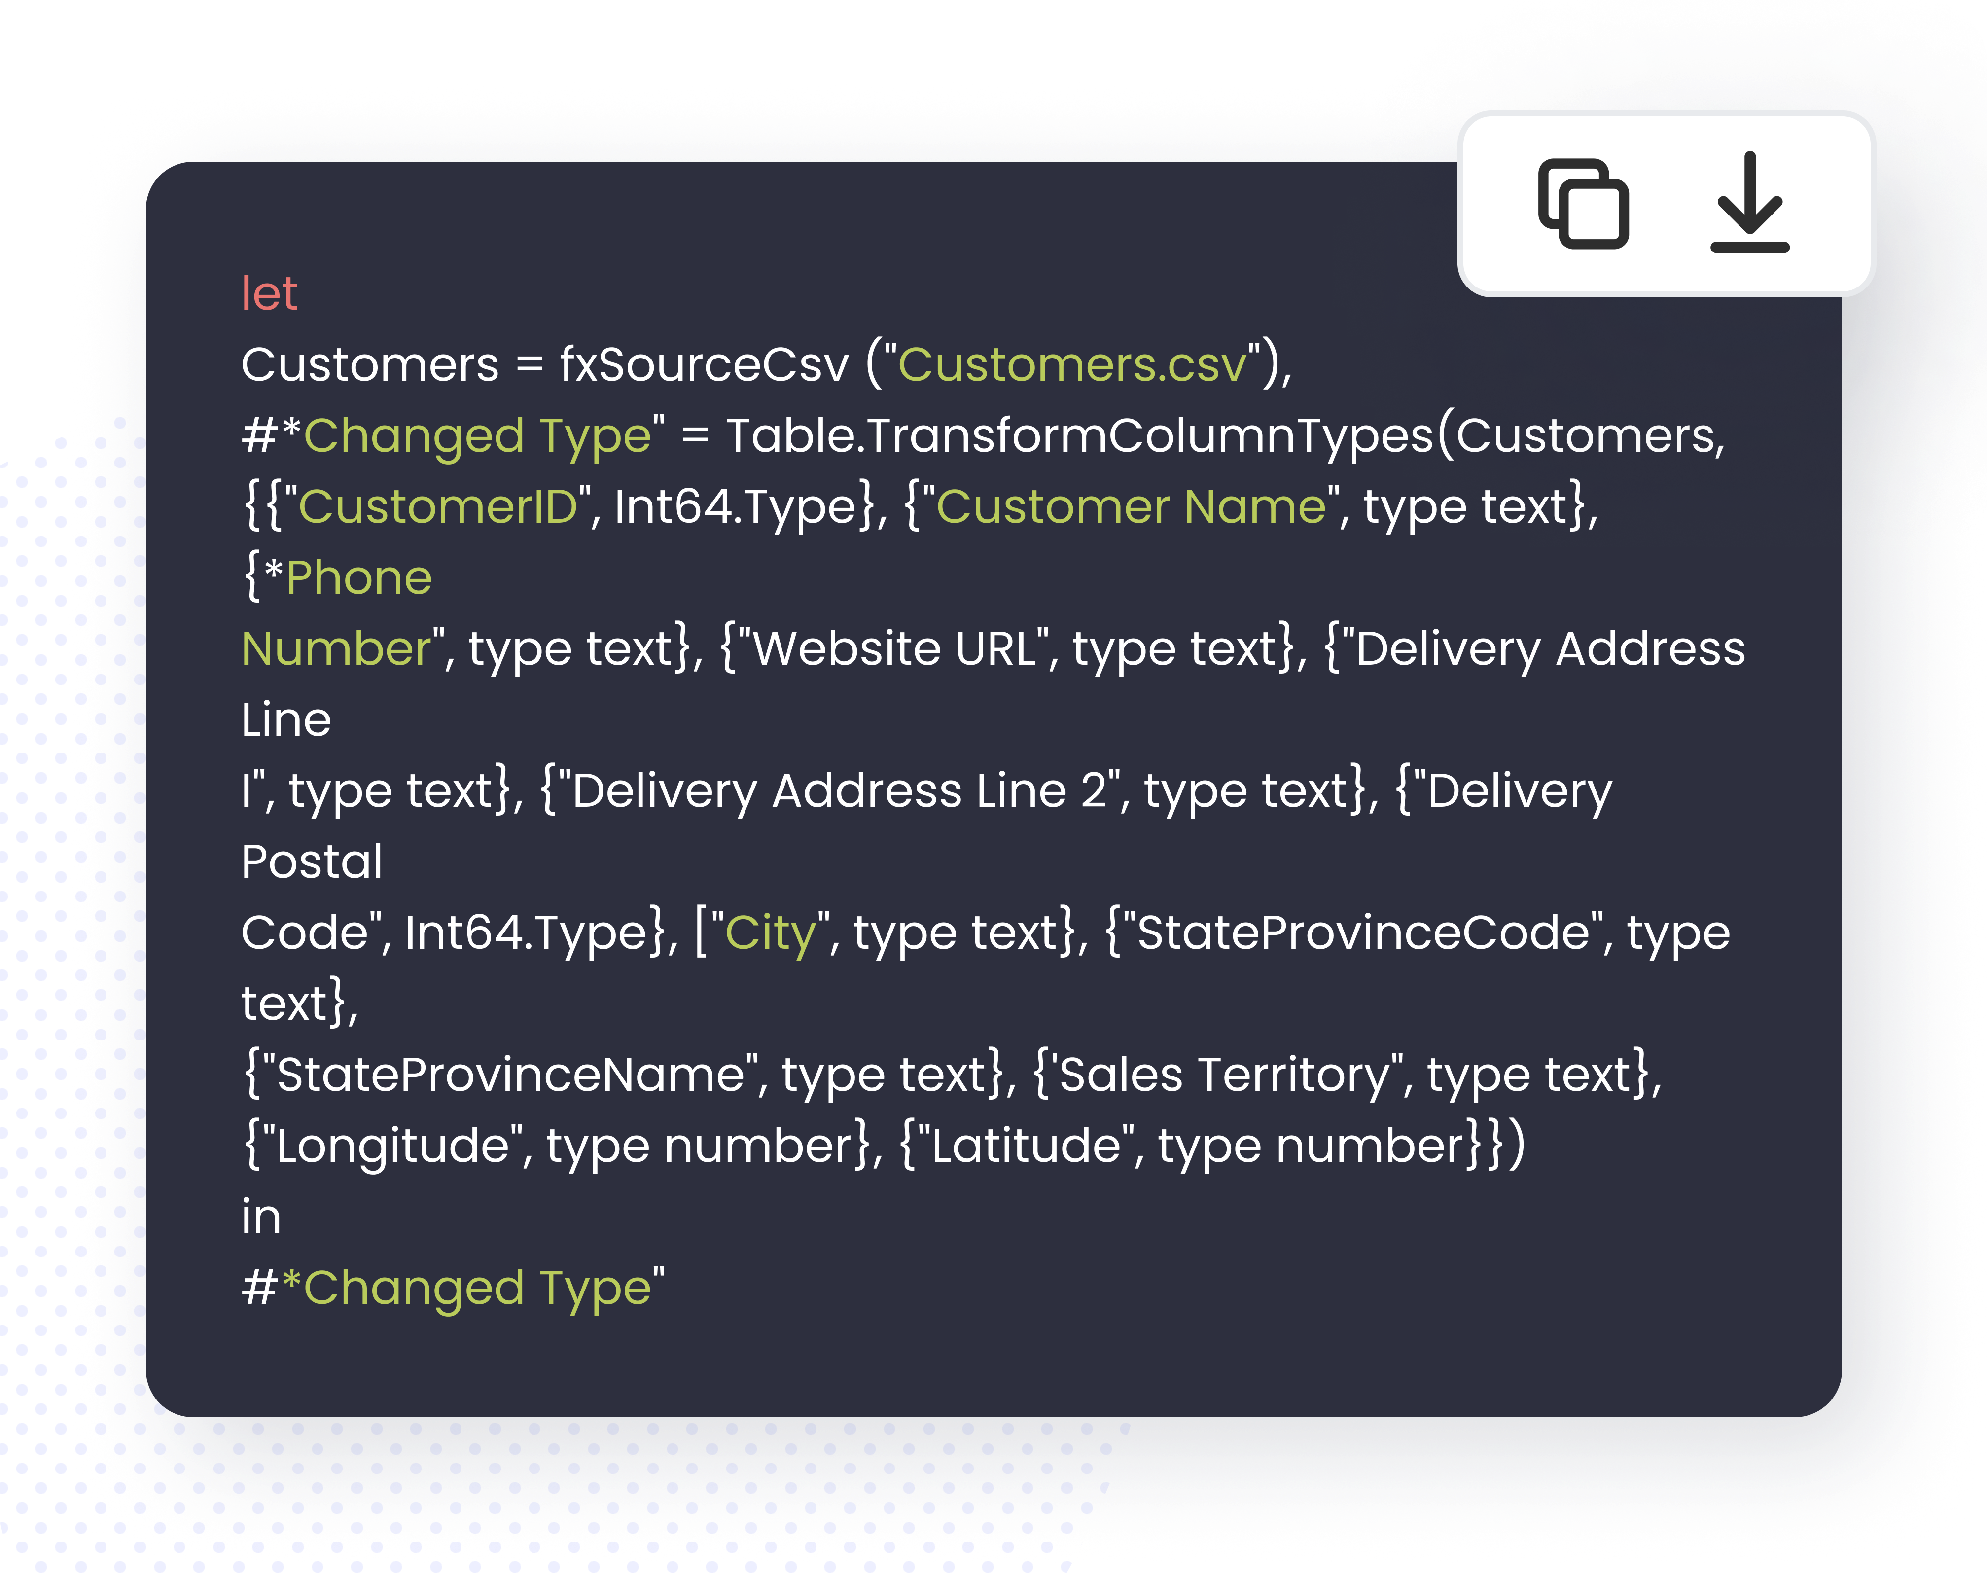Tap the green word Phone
(358, 578)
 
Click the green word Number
(335, 649)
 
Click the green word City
(771, 933)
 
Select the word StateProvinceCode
(1363, 933)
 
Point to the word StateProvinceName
(510, 1075)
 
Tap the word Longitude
(392, 1146)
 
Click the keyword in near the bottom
(261, 1217)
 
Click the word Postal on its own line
(312, 862)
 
